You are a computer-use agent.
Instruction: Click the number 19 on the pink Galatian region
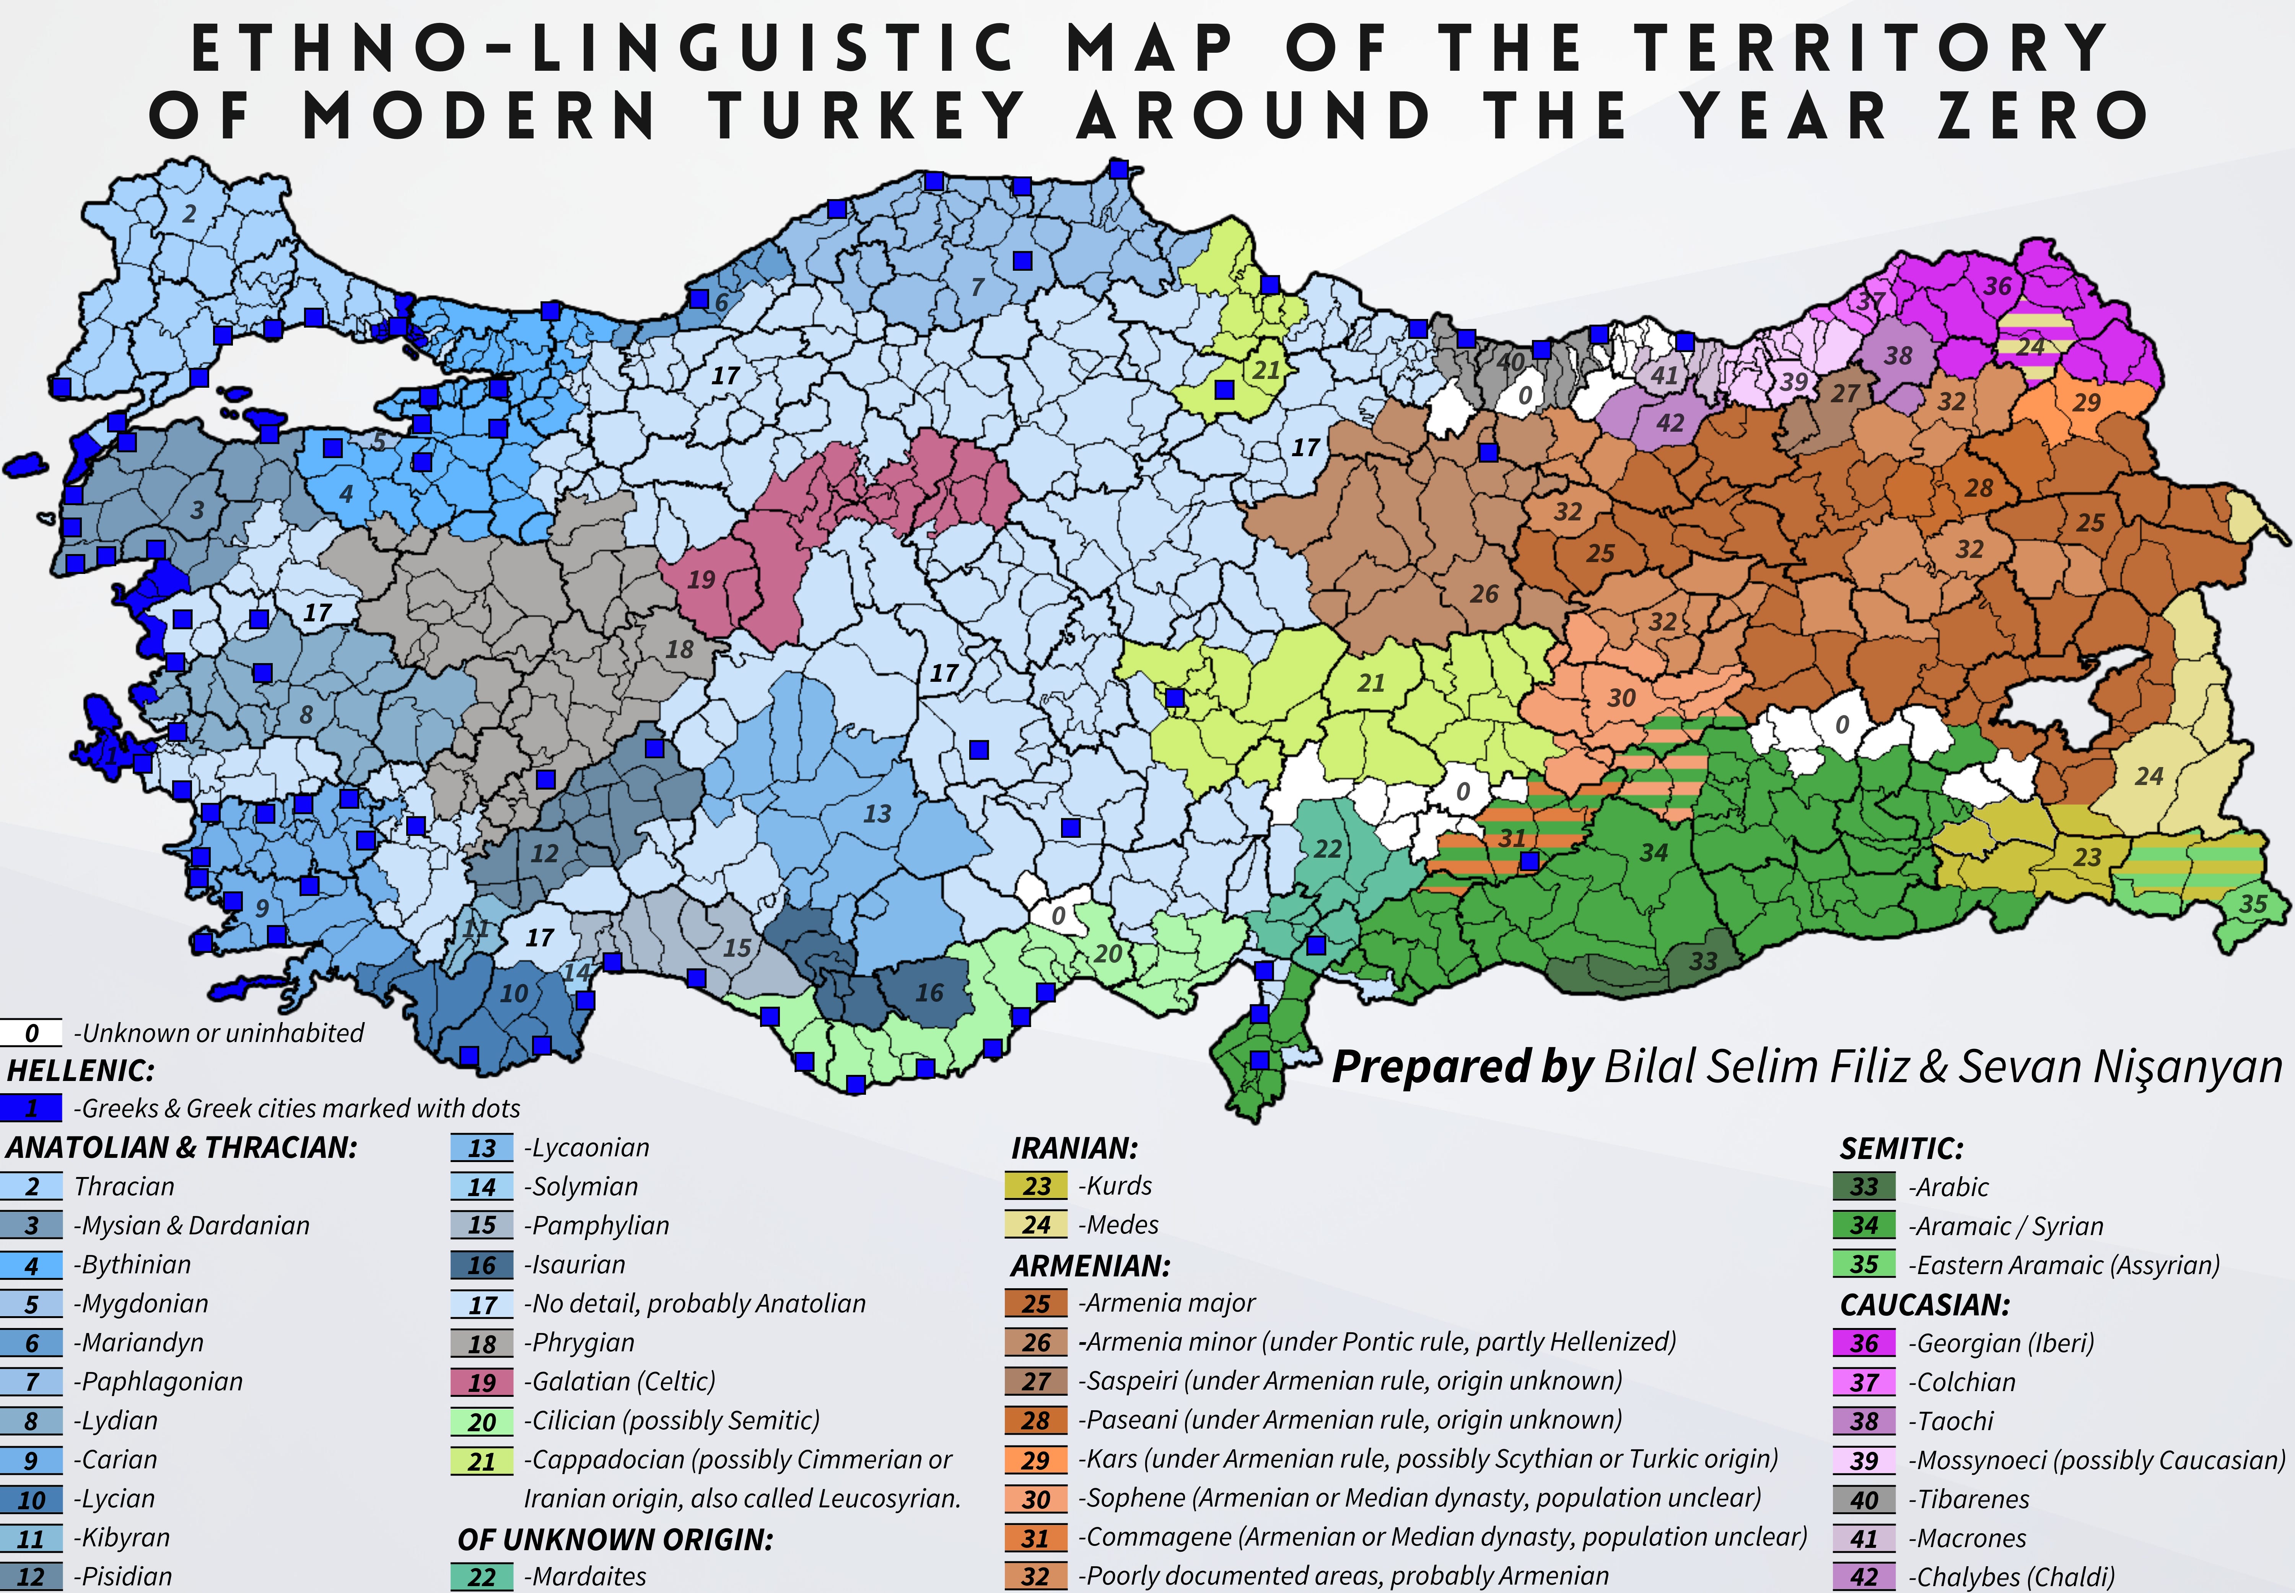click(x=701, y=579)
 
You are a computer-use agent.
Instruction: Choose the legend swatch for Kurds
click(x=1036, y=1186)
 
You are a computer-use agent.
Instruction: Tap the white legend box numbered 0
click(x=31, y=1032)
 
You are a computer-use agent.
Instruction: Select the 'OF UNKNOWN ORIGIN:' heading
click(x=615, y=1539)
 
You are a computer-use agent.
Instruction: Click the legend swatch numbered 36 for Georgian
click(x=1864, y=1343)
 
